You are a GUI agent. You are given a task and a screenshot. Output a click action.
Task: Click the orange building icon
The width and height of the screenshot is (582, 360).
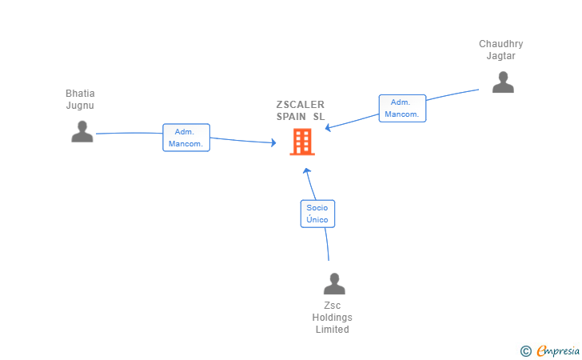(302, 142)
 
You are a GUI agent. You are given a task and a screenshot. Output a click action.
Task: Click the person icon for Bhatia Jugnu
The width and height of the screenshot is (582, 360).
(82, 131)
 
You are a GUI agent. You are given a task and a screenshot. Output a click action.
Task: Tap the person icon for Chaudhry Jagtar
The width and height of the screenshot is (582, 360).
(503, 82)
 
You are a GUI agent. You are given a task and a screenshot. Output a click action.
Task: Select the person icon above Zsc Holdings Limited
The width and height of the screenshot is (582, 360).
(334, 283)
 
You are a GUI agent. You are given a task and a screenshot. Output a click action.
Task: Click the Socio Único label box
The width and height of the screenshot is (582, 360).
(317, 214)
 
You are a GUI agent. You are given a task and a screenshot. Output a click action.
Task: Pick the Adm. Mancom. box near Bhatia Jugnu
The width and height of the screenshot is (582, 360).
(186, 138)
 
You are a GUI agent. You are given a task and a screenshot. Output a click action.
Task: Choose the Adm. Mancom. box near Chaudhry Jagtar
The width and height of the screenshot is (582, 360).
(402, 108)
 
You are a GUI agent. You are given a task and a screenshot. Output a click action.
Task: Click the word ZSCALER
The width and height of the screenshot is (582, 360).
(301, 105)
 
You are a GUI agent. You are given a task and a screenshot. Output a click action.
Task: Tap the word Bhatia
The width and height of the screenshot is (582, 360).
(80, 94)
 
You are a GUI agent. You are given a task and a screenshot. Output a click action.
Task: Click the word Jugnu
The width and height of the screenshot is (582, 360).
(80, 106)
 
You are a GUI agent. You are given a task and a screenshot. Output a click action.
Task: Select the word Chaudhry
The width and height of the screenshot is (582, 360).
(501, 44)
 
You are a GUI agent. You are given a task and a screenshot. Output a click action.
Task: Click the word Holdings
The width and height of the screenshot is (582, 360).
(332, 318)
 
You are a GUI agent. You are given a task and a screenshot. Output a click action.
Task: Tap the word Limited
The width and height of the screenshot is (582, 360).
(332, 330)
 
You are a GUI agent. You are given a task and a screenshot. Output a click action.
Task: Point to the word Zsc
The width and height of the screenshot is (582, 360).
(332, 306)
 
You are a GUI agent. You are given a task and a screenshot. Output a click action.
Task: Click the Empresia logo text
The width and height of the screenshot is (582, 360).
(559, 350)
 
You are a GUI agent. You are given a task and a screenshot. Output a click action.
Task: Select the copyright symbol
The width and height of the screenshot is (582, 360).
(525, 350)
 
